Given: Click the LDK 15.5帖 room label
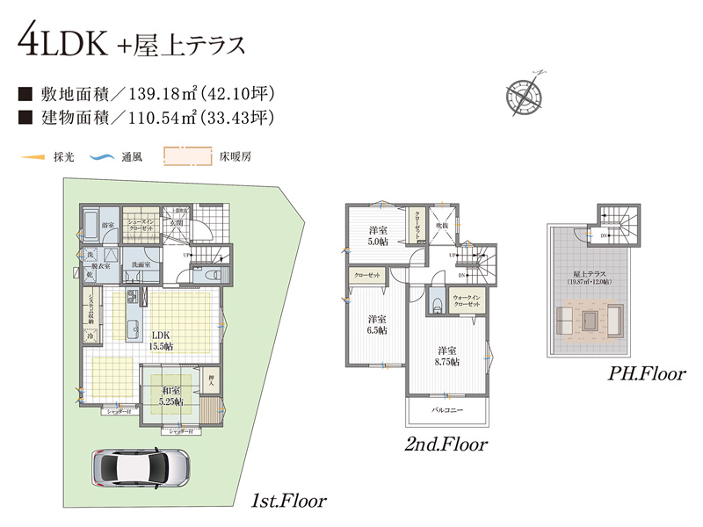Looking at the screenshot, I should (x=161, y=341).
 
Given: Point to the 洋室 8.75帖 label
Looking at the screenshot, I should (x=448, y=355).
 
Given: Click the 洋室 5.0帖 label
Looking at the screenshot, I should (x=380, y=235).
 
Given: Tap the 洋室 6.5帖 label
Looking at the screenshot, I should (x=378, y=324).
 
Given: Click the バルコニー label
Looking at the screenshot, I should (x=447, y=410).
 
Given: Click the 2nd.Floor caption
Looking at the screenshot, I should (x=446, y=445).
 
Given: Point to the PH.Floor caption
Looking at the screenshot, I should (x=647, y=374).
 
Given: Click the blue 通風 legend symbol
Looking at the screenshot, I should (x=104, y=158).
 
